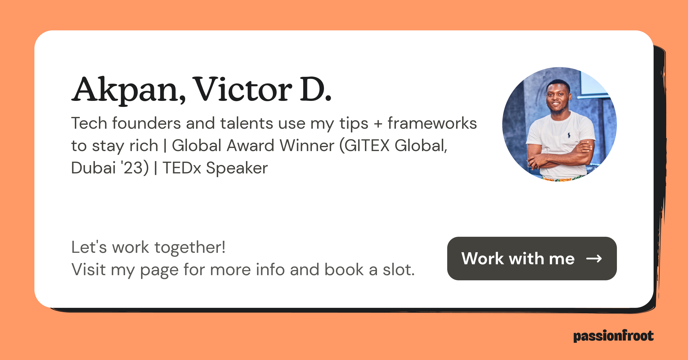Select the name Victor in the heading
pyautogui.click(x=242, y=89)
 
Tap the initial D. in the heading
pyautogui.click(x=316, y=89)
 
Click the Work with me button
pyautogui.click(x=532, y=259)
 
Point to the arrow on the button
pyautogui.click(x=594, y=259)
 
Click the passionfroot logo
pyautogui.click(x=613, y=336)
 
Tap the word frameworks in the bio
pyautogui.click(x=432, y=123)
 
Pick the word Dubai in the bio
pyautogui.click(x=93, y=168)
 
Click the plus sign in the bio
pyautogui.click(x=378, y=124)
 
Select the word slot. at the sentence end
pyautogui.click(x=399, y=270)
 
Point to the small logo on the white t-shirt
pyautogui.click(x=569, y=135)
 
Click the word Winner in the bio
pyautogui.click(x=307, y=145)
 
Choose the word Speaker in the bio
pyautogui.click(x=237, y=168)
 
